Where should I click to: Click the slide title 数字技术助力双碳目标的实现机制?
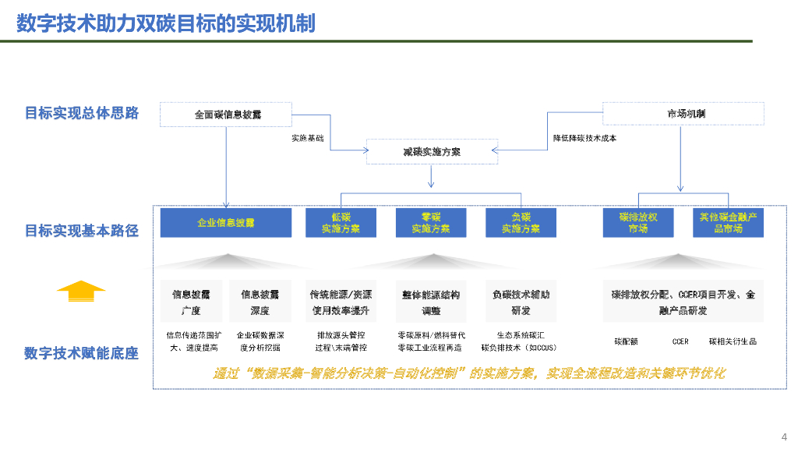coord(166,23)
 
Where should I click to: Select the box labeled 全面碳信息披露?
coord(226,115)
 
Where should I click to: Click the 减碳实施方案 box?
coord(432,151)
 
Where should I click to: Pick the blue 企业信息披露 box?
coord(226,223)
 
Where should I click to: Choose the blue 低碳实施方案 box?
coord(341,223)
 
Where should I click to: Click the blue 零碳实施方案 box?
coord(431,223)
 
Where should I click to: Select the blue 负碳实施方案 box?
coord(521,223)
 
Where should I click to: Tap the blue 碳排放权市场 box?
coord(638,223)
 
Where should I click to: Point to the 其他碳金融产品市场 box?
coord(728,223)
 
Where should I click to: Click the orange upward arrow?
coord(81,291)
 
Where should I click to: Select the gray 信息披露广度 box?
coord(191,302)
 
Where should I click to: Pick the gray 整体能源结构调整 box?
coord(431,302)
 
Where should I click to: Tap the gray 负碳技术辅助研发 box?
coord(521,302)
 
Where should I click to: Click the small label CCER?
coord(680,341)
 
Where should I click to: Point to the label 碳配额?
coord(626,341)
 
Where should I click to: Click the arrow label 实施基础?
coord(308,138)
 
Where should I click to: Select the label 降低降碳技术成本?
coord(585,138)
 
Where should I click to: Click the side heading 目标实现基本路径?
coord(82,231)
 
